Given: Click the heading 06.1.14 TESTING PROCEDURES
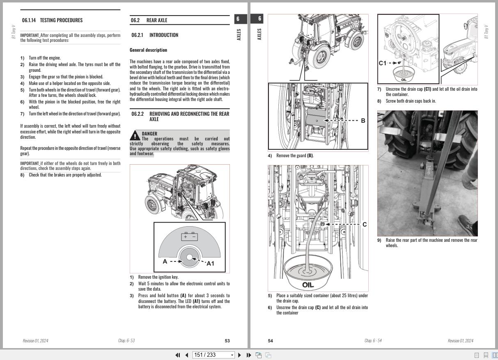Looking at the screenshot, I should (x=52, y=20).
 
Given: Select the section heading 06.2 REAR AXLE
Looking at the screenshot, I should (x=149, y=20).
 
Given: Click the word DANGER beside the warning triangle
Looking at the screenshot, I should (x=149, y=133).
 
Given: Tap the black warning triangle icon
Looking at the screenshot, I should (x=135, y=135).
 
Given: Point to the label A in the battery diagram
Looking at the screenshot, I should (x=165, y=261).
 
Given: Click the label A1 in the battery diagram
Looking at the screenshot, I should (x=210, y=264).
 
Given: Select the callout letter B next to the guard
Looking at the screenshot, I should (x=363, y=121).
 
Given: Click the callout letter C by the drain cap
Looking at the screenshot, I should (x=364, y=225).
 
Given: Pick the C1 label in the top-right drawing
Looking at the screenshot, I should (x=383, y=63).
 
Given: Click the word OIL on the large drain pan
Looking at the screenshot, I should (x=308, y=285).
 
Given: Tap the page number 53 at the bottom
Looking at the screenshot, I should (x=227, y=341).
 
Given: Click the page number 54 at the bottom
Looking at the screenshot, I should (x=270, y=341).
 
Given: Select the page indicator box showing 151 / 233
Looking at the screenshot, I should (x=214, y=355).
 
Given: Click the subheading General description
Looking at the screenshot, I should (x=148, y=50).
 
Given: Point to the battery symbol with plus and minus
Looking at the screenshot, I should (x=189, y=236).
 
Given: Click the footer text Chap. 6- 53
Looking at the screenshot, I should (x=126, y=341).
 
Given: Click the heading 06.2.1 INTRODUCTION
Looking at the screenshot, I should (x=155, y=35).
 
